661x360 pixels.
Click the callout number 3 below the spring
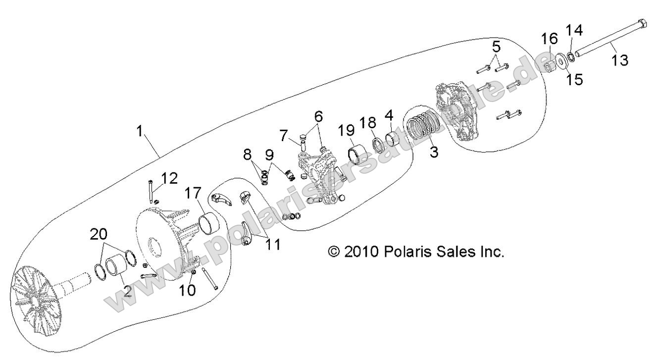click(433, 152)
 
